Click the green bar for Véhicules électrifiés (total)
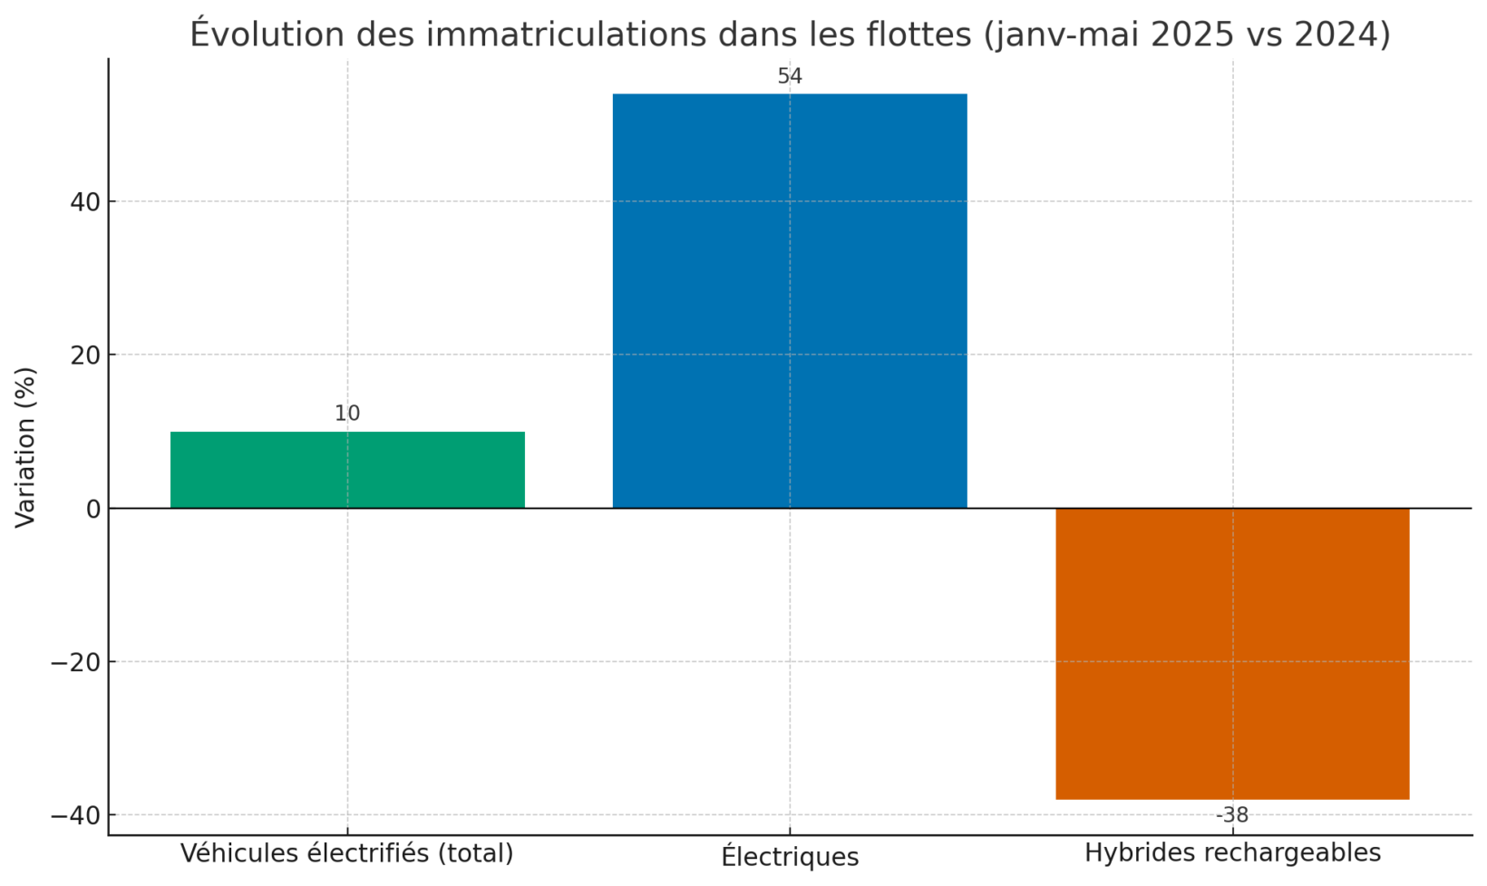(347, 470)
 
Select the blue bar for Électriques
(789, 300)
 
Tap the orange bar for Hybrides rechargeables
(1232, 653)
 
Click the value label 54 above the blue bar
(790, 76)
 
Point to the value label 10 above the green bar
(347, 414)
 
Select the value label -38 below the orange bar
(1232, 815)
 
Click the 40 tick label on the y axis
(84, 201)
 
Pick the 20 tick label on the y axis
(84, 355)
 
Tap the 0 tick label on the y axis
(92, 510)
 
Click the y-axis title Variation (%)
(25, 446)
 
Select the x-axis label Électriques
(790, 855)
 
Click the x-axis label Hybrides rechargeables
(1232, 853)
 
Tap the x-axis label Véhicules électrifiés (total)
(347, 853)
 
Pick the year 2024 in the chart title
(1336, 34)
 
